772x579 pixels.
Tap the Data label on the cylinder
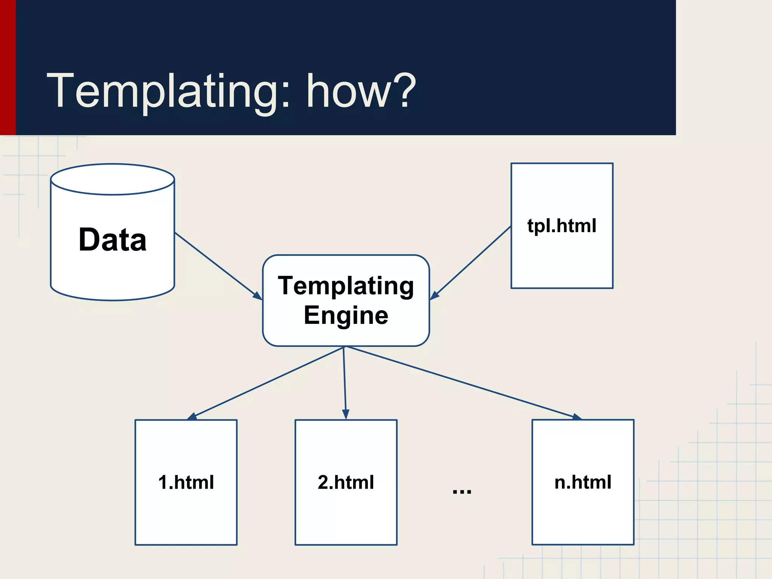pos(112,240)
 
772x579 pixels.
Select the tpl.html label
pos(562,226)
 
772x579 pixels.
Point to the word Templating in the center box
pos(346,286)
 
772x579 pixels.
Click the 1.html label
pos(186,482)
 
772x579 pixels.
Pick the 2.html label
pos(346,482)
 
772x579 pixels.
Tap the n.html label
pos(583,482)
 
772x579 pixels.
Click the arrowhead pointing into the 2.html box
pos(346,414)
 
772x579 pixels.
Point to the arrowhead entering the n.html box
pos(577,417)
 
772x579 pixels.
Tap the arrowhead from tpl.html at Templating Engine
pos(434,296)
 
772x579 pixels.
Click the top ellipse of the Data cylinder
pos(112,179)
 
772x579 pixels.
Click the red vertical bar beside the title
pos(8,68)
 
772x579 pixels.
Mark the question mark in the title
pos(405,90)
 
